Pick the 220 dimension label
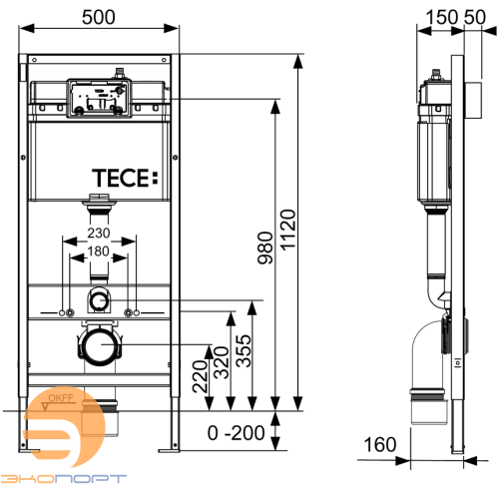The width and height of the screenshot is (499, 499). tap(201, 374)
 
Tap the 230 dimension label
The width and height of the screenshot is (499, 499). tap(97, 235)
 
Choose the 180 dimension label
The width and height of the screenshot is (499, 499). tap(97, 251)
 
